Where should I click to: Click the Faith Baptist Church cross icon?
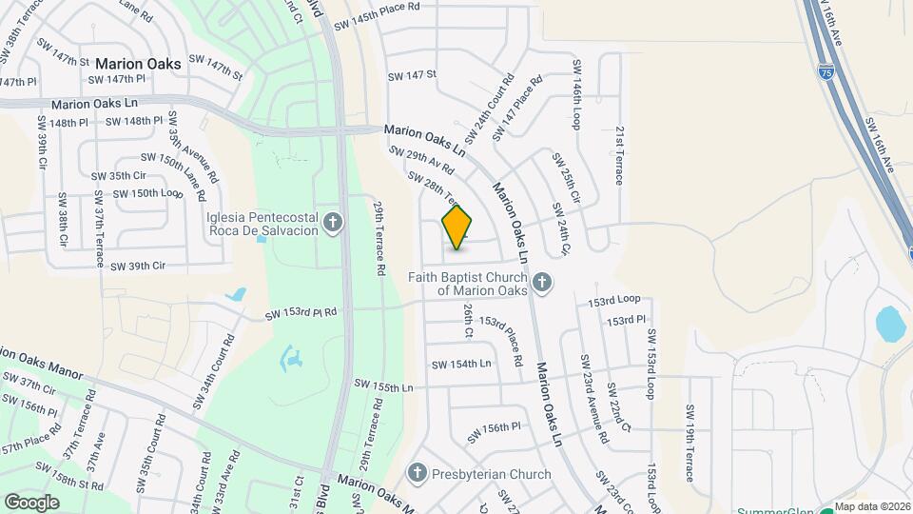541,282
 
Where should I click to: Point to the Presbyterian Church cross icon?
417,473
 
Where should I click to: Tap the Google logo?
31,502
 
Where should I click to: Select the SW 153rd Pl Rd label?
301,313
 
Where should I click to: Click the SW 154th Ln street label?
461,365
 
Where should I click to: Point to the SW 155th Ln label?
383,386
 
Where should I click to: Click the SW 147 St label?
412,74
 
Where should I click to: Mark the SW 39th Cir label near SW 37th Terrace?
138,266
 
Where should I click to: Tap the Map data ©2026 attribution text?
872,506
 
